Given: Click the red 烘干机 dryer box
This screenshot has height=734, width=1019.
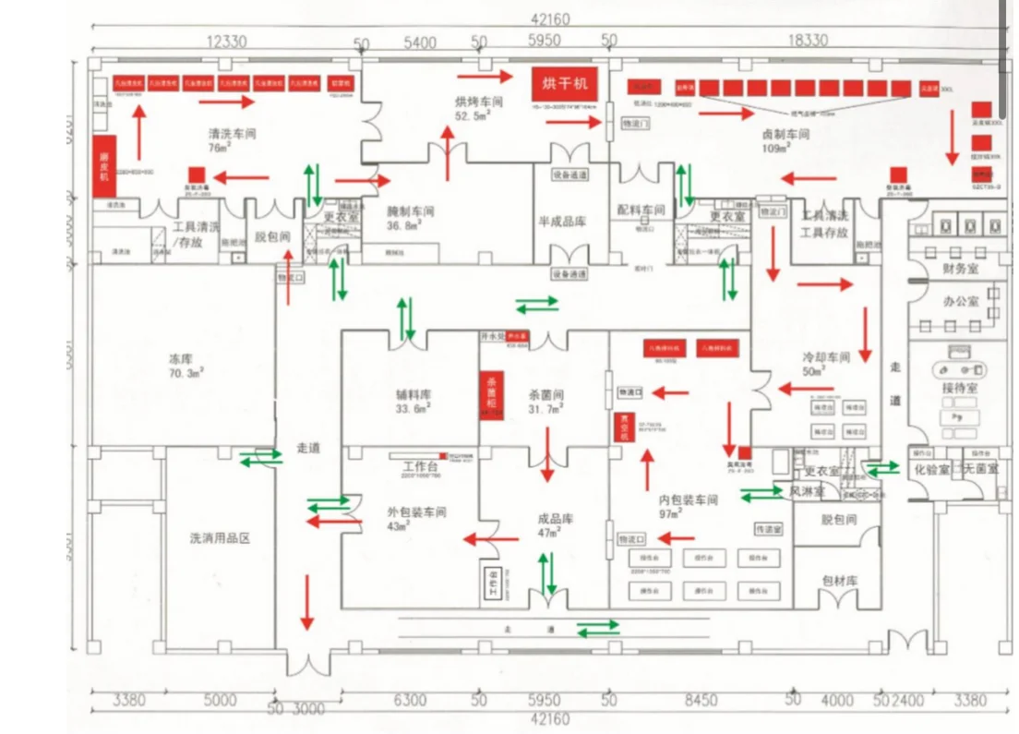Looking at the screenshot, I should [564, 84].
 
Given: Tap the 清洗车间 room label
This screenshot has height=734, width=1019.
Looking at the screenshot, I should [232, 134].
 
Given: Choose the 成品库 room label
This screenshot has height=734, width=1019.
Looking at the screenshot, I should [556, 519].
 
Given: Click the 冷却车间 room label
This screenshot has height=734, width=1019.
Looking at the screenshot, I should [825, 356].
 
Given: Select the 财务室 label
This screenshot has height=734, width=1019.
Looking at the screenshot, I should [960, 269].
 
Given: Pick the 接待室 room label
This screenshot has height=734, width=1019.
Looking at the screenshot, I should [960, 389].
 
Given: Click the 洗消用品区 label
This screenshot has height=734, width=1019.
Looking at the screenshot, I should [220, 538].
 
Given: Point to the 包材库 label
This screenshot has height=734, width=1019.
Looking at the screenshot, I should [839, 581].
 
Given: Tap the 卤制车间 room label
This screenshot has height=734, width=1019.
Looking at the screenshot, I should [785, 134].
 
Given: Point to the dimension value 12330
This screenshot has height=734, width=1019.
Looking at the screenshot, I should [226, 42].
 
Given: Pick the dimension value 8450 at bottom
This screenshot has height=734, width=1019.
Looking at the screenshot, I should [700, 700].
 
